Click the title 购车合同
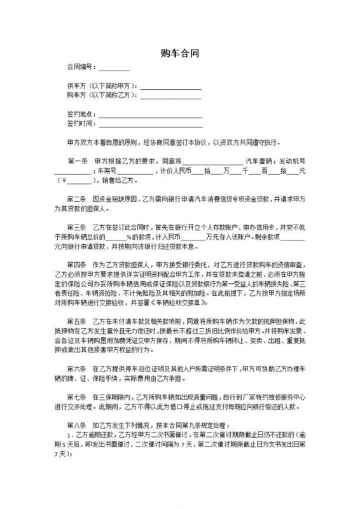pyautogui.click(x=179, y=53)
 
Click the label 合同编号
pyautogui.click(x=80, y=67)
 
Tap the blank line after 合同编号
pyautogui.click(x=114, y=68)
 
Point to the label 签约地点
pyautogui.click(x=80, y=114)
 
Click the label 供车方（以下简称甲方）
pyautogui.click(x=102, y=86)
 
